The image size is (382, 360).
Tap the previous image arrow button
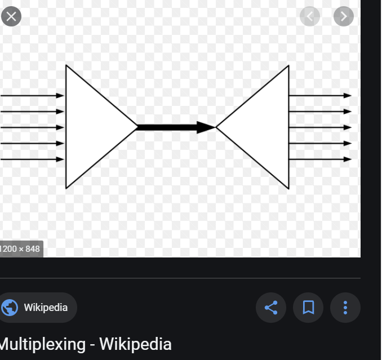pos(310,16)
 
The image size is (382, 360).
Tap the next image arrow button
pos(343,16)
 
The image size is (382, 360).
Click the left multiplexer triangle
pos(93,127)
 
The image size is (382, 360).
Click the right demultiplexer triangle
pos(263,127)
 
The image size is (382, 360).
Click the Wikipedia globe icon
pos(10,308)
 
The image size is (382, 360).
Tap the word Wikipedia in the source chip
pos(46,308)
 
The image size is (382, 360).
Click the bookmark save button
pos(308,308)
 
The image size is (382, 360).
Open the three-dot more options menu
pos(345,308)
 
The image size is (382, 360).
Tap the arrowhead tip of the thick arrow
pos(211,127)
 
